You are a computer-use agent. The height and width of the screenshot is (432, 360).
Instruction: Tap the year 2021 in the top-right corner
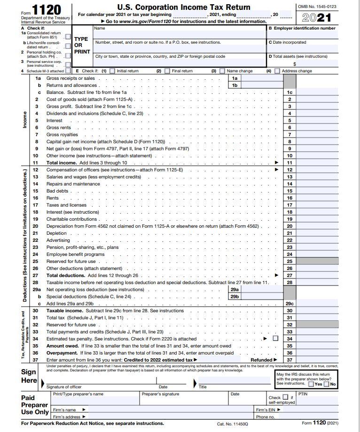pos(317,18)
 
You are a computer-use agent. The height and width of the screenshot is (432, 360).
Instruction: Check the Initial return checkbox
pos(111,71)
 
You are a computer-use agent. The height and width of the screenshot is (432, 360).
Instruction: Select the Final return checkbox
pos(167,71)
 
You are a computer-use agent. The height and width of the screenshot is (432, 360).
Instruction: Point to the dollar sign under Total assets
pos(295,64)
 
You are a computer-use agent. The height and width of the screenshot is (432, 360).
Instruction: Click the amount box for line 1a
pos(262,78)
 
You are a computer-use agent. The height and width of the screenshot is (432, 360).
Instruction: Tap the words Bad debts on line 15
pos(57,191)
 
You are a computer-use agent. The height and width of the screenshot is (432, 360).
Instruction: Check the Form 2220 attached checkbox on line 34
pos(275,338)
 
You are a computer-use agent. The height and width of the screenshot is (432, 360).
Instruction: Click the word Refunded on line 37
pos(261,360)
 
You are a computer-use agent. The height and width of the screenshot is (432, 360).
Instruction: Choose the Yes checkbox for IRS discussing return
pos(311,384)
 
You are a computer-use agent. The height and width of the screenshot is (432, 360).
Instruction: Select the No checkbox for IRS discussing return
pos(327,384)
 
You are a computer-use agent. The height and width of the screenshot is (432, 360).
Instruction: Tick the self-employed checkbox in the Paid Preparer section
pos(285,397)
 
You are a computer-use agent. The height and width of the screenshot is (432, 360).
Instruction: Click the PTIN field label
pos(303,393)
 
